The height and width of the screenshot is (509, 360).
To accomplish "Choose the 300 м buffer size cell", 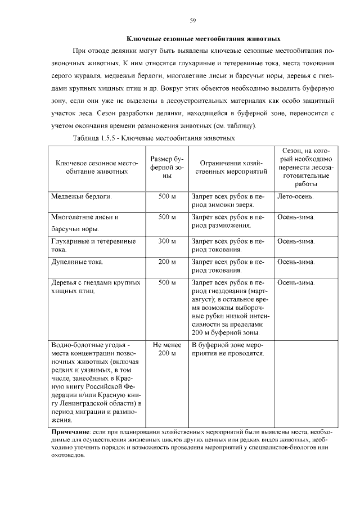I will click(x=167, y=241).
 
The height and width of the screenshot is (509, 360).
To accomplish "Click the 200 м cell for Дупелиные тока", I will click(x=167, y=262).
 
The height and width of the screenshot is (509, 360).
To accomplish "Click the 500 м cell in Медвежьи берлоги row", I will click(x=167, y=197).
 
